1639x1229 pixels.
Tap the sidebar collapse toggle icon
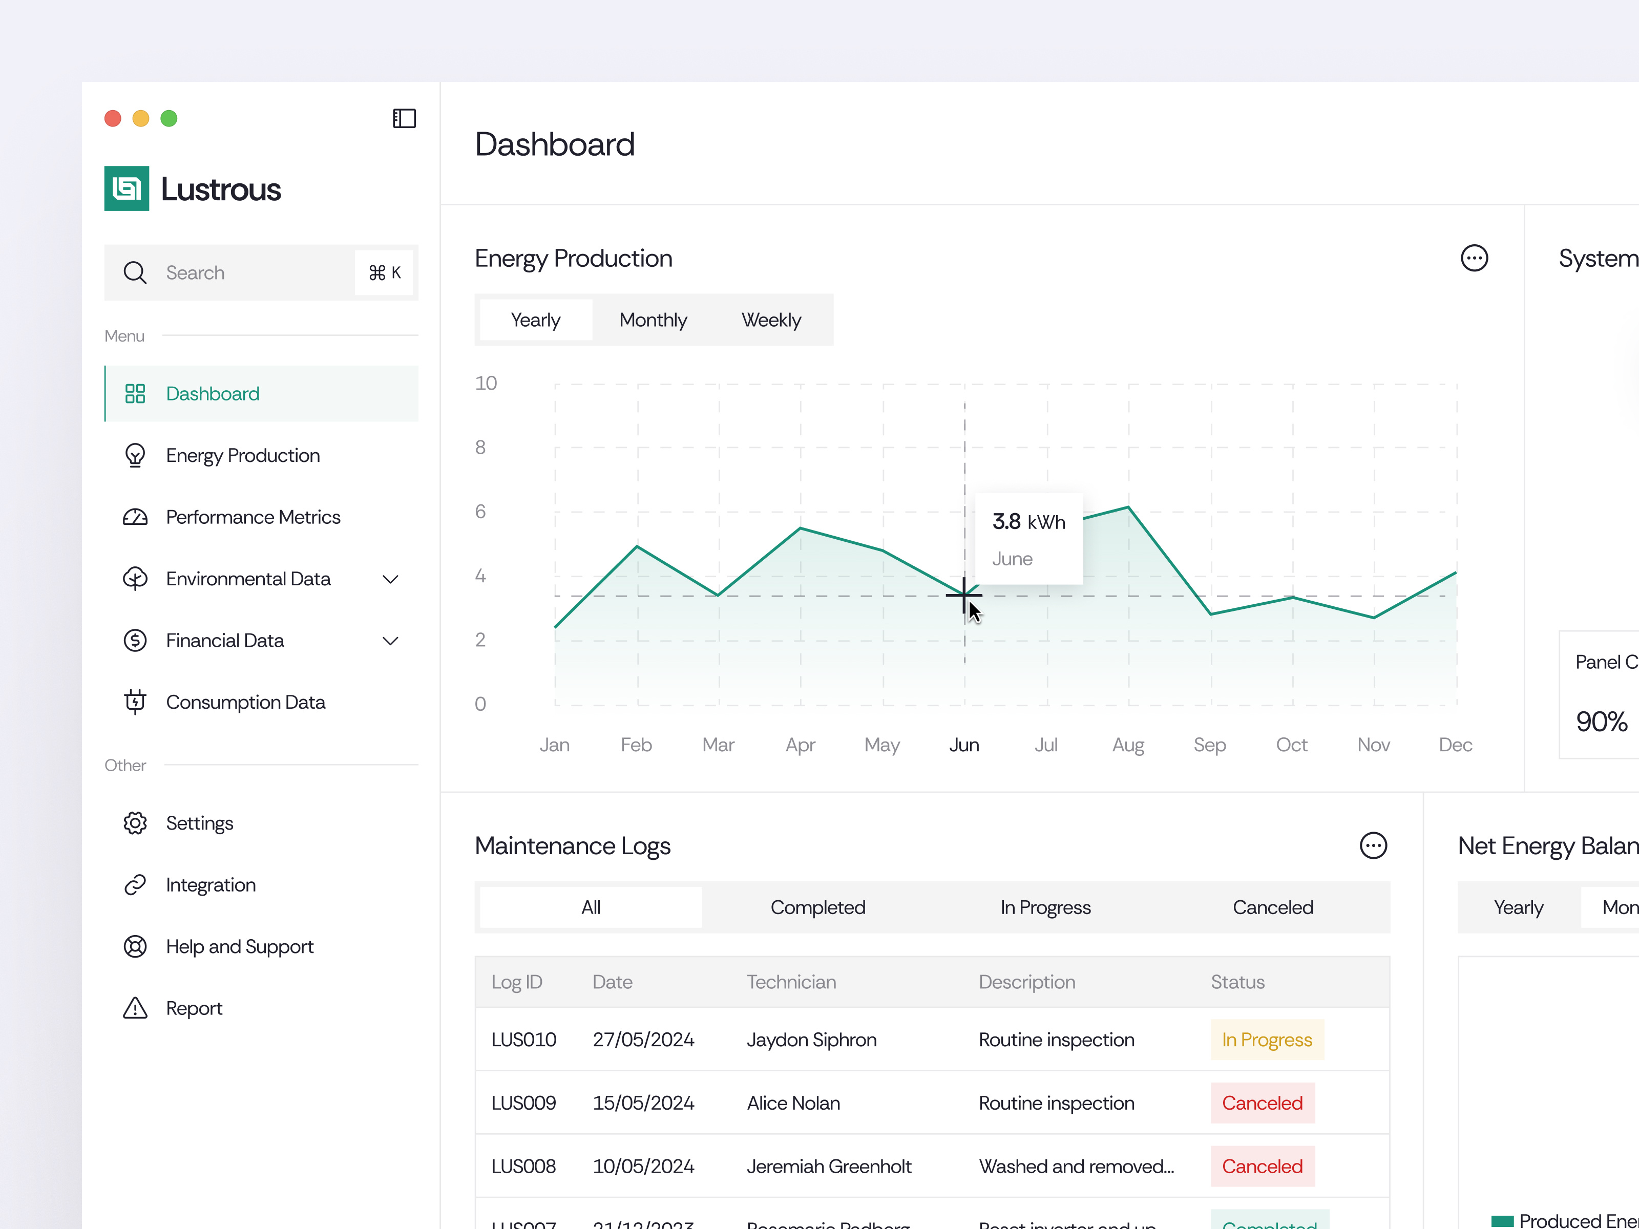click(x=404, y=118)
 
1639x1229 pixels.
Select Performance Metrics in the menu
click(x=253, y=517)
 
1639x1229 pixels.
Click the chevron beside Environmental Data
click(x=390, y=579)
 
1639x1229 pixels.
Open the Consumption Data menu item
click(x=245, y=702)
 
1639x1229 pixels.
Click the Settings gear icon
click(x=135, y=823)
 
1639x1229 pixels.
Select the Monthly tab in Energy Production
click(x=653, y=320)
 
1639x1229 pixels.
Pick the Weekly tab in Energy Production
click(x=771, y=320)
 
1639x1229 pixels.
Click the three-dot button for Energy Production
click(x=1474, y=259)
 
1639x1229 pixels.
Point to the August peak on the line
click(x=1128, y=507)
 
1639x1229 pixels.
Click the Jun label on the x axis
click(x=964, y=745)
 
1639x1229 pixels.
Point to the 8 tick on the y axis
click(x=480, y=448)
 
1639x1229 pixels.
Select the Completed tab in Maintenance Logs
click(x=817, y=907)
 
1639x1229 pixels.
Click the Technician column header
click(x=791, y=982)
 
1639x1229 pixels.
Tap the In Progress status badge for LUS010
click(x=1266, y=1040)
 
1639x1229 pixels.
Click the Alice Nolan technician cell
click(x=793, y=1103)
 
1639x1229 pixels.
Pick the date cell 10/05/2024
click(x=643, y=1166)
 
